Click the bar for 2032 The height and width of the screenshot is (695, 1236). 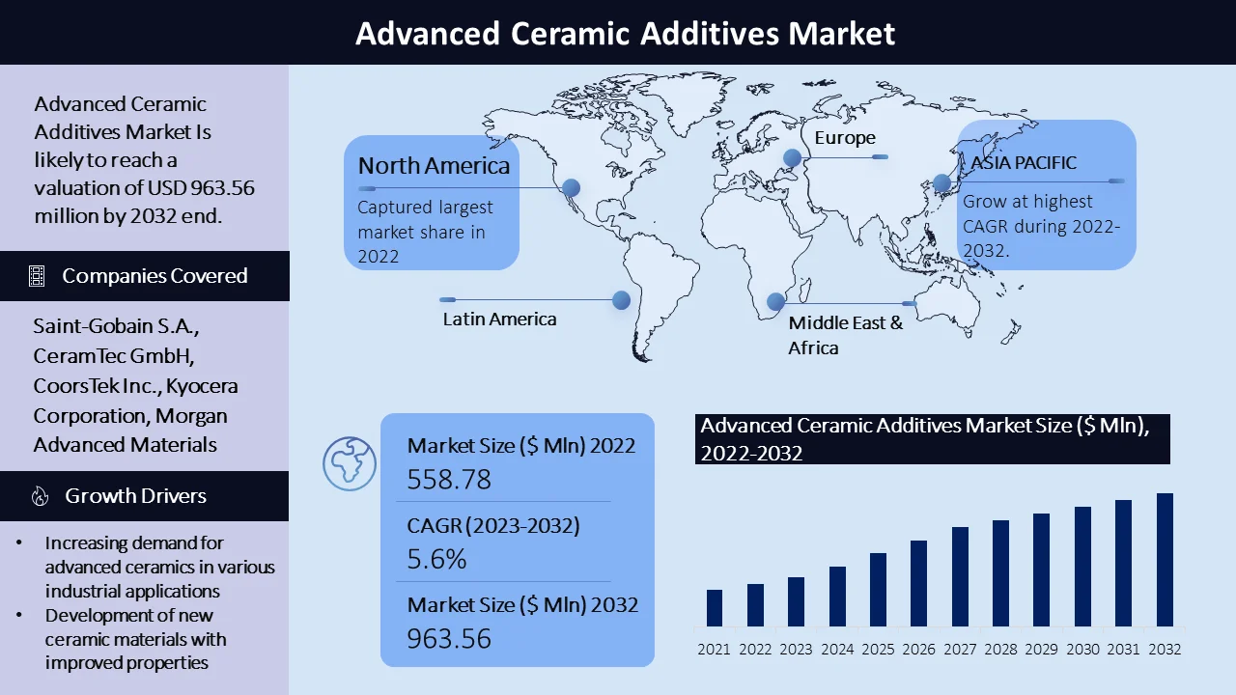tap(1165, 559)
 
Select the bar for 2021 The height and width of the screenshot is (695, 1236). tap(714, 608)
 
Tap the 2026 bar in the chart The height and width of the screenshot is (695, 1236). tap(918, 583)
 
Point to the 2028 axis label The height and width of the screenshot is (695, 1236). tap(1000, 650)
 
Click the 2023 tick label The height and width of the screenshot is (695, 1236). tap(796, 650)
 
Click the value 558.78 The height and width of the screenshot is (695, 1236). tap(449, 479)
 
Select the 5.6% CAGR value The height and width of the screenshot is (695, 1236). tap(436, 559)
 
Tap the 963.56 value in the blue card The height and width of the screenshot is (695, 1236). tap(449, 638)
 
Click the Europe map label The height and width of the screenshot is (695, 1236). tap(845, 138)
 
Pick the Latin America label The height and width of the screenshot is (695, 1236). tap(499, 319)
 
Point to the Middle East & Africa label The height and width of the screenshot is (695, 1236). tap(845, 335)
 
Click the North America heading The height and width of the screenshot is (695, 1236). tap(434, 165)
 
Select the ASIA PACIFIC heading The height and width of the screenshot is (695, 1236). tap(1024, 163)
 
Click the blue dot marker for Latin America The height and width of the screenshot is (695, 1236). tap(621, 300)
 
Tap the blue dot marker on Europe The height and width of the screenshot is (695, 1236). tap(793, 157)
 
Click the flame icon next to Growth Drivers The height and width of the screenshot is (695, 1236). tap(40, 496)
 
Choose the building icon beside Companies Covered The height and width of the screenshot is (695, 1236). tap(37, 276)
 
